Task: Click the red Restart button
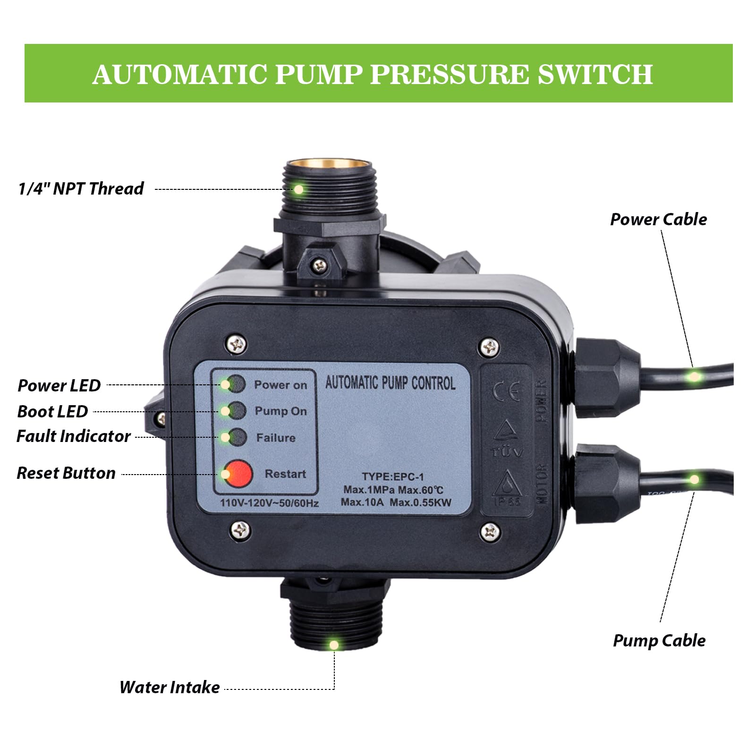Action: (238, 474)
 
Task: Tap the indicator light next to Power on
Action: (237, 384)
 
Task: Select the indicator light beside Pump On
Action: (237, 410)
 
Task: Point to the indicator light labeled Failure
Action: (237, 437)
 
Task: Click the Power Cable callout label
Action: (658, 220)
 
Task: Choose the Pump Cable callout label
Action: (659, 641)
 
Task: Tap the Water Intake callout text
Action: (170, 687)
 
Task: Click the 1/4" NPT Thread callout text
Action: (81, 189)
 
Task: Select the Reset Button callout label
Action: (66, 473)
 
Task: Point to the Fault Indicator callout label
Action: (74, 436)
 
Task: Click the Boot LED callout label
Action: (52, 412)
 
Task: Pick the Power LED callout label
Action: (59, 386)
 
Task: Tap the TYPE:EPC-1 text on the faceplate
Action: (393, 477)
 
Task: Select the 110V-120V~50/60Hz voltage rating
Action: (269, 503)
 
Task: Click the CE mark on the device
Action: (506, 391)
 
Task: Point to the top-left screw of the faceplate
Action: (237, 344)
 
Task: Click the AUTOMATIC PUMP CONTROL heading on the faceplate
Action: (390, 382)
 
